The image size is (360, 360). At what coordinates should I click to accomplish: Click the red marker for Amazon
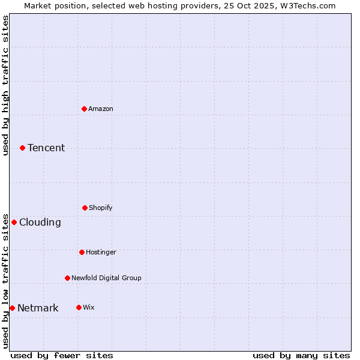click(x=85, y=109)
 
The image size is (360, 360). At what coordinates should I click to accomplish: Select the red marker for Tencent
click(x=23, y=148)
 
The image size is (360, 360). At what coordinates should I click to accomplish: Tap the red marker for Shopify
click(x=85, y=208)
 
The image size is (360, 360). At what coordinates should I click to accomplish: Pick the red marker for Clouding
click(x=14, y=222)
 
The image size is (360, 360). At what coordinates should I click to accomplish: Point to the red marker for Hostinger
click(x=82, y=252)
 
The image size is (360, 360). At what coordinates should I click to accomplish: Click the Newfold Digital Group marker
click(x=67, y=278)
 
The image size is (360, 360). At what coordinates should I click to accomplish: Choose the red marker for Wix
click(x=79, y=307)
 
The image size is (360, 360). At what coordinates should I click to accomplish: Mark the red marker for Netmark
click(x=12, y=308)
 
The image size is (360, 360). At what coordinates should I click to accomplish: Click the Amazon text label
click(x=101, y=109)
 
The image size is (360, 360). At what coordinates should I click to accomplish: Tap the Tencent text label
click(x=46, y=148)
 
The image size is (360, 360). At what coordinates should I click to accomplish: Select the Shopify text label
click(x=101, y=208)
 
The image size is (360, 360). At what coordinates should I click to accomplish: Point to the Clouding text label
click(x=40, y=222)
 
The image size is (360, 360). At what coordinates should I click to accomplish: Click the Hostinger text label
click(x=101, y=252)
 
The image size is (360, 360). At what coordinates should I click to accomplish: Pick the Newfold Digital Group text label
click(x=106, y=278)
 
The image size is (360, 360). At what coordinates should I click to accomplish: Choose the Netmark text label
click(x=38, y=308)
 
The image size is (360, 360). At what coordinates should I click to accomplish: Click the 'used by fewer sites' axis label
click(x=62, y=355)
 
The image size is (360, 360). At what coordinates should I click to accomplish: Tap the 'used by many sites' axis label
click(x=301, y=355)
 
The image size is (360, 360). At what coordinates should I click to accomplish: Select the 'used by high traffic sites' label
click(x=5, y=85)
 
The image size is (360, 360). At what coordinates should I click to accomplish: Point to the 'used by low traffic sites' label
click(x=5, y=280)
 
